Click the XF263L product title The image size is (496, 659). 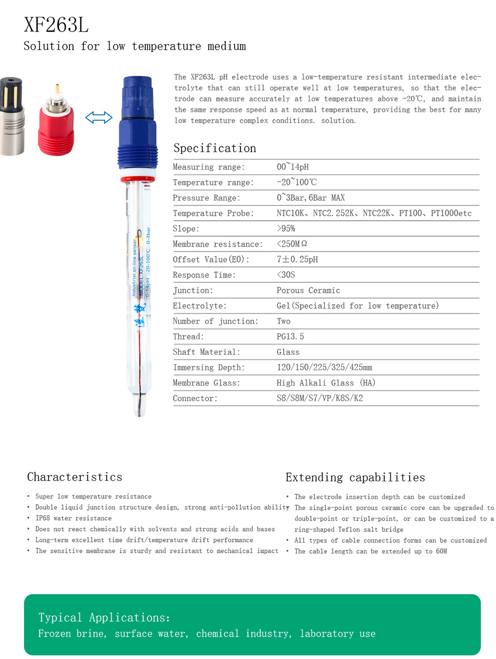56,25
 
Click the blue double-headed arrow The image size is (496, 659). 99,118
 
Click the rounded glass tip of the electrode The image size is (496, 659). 139,405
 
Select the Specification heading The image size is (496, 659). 215,148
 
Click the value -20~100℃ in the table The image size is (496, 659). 297,182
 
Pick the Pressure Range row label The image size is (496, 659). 206,198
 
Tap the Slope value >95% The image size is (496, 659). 286,228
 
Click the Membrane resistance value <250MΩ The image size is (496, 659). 292,244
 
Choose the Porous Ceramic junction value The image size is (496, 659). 308,290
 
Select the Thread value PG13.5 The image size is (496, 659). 290,336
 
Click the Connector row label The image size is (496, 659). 195,398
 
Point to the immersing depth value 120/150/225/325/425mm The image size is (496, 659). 324,367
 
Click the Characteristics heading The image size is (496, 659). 74,477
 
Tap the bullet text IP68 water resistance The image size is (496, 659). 73,518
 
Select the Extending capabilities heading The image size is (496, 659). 355,477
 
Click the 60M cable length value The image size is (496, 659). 441,551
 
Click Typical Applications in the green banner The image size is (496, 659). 104,617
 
